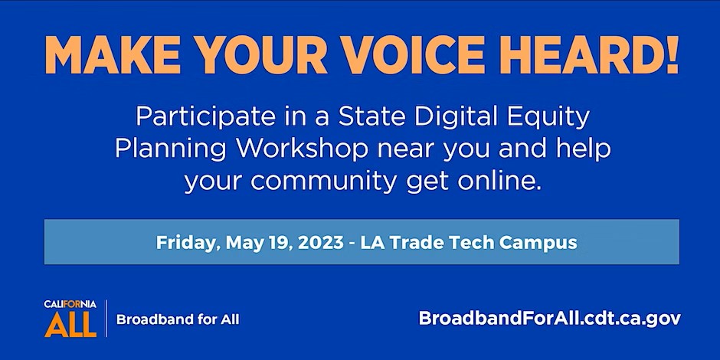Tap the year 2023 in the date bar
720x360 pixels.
pos(320,242)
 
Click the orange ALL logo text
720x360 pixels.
pos(70,324)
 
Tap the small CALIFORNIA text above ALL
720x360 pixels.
pos(70,304)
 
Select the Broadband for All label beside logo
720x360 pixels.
pos(178,319)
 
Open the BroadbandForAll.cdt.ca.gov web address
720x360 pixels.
pos(550,319)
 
